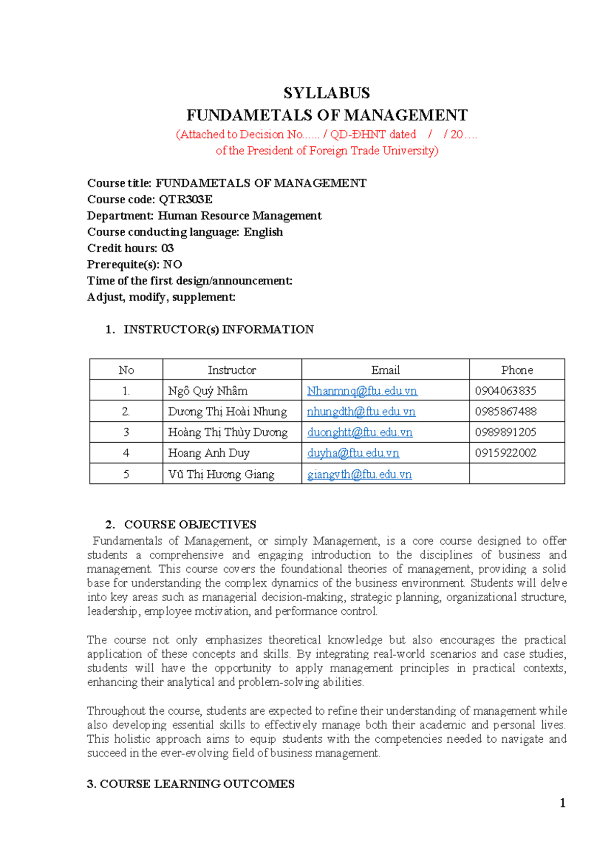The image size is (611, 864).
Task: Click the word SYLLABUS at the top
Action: point(326,93)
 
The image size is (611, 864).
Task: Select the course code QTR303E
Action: point(185,199)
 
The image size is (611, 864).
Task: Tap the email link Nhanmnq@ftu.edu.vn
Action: point(362,391)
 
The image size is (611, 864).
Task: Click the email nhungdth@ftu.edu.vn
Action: point(361,412)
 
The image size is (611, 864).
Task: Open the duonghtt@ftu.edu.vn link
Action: point(359,433)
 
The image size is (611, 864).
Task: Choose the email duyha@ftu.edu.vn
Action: point(353,453)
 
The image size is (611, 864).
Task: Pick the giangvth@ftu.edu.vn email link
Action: point(359,474)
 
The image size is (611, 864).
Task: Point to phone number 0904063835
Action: point(505,391)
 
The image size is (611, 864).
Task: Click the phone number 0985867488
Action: point(506,412)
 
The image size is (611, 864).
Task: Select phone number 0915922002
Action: point(506,453)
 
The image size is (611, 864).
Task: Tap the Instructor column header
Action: point(232,370)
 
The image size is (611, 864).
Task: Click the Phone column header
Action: point(517,370)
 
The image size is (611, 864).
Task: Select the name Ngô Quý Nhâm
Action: point(208,391)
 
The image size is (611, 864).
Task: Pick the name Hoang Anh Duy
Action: point(209,453)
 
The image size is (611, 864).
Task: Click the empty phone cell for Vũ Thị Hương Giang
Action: point(517,474)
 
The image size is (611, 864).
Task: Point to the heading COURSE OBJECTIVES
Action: point(190,524)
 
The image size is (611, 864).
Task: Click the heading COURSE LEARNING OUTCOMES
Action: point(197,784)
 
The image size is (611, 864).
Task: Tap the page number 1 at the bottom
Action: point(563,803)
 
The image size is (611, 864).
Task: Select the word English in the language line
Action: point(263,232)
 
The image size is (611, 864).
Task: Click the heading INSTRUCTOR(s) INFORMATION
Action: point(218,329)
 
